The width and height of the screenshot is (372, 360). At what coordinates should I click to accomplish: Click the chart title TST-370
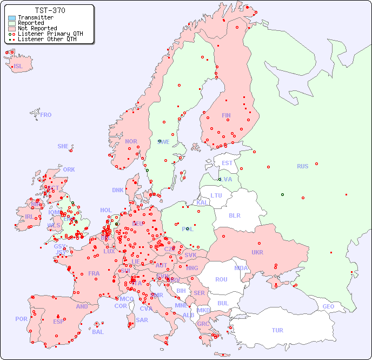[50, 10]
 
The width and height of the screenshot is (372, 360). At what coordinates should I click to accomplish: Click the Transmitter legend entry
[35, 17]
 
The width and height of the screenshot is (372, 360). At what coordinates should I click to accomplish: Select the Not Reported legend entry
[37, 28]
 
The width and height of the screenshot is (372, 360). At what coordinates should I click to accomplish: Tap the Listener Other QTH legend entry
[48, 39]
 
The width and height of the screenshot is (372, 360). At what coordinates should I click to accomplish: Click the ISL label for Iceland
[18, 67]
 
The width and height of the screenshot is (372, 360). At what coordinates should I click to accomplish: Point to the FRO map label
[46, 115]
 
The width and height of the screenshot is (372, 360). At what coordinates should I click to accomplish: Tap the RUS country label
[302, 166]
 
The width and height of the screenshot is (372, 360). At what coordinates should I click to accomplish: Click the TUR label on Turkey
[277, 330]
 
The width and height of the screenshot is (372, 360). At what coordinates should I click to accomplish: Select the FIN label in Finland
[226, 115]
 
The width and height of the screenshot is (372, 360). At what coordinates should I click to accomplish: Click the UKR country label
[257, 252]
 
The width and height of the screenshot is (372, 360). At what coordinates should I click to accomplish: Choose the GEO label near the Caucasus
[328, 306]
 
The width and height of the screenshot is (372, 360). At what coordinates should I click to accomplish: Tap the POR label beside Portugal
[21, 319]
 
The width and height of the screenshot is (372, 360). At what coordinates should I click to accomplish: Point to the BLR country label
[235, 215]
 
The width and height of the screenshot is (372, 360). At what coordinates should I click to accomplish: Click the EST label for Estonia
[227, 163]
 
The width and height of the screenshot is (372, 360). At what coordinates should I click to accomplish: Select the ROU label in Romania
[221, 279]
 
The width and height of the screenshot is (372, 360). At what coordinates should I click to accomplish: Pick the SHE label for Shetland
[63, 146]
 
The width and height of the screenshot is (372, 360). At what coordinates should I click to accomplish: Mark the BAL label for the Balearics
[98, 332]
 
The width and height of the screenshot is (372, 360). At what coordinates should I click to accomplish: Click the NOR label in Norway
[131, 141]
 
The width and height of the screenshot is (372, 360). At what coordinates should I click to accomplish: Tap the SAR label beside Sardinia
[142, 320]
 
